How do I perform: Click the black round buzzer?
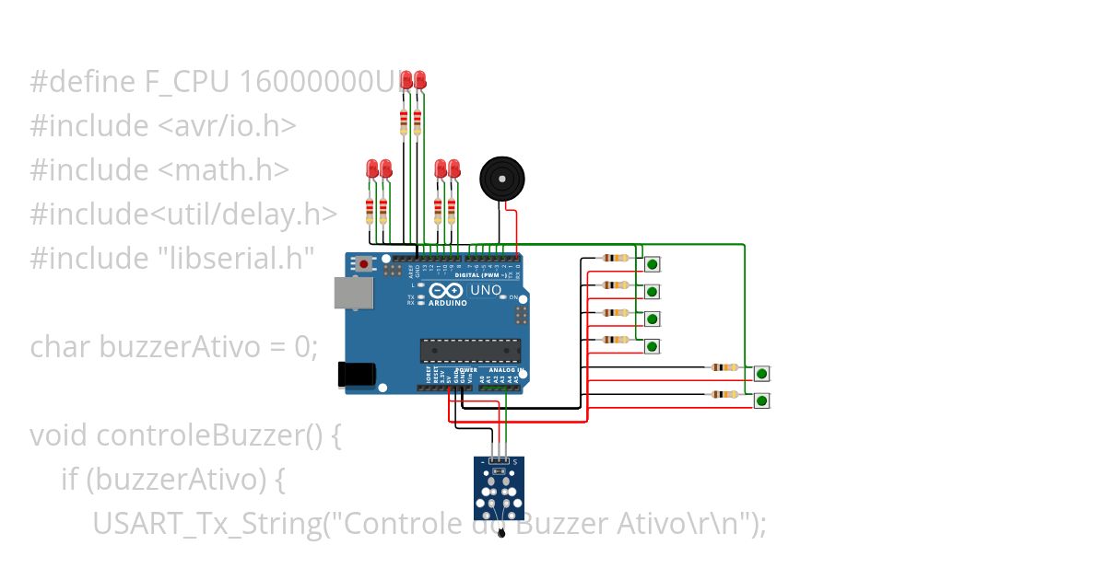(x=500, y=178)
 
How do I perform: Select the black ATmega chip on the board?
(x=470, y=351)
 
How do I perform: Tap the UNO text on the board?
(x=487, y=291)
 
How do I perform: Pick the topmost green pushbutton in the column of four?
(x=652, y=264)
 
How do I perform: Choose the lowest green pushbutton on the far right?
(x=761, y=400)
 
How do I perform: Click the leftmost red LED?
(x=371, y=168)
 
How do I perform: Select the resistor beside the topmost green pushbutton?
(x=614, y=259)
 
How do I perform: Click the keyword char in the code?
(x=61, y=347)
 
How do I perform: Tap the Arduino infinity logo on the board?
(x=447, y=291)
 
